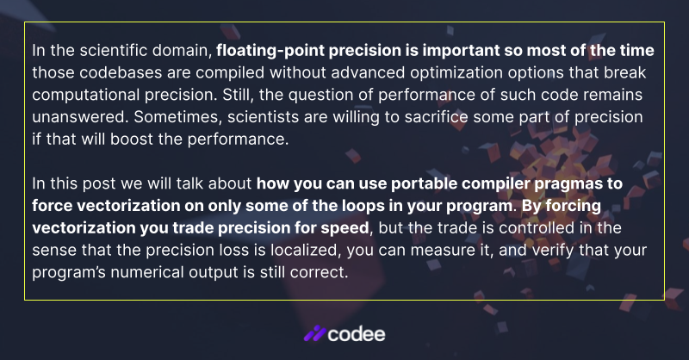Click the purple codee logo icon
pos(315,333)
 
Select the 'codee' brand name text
pos(357,333)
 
